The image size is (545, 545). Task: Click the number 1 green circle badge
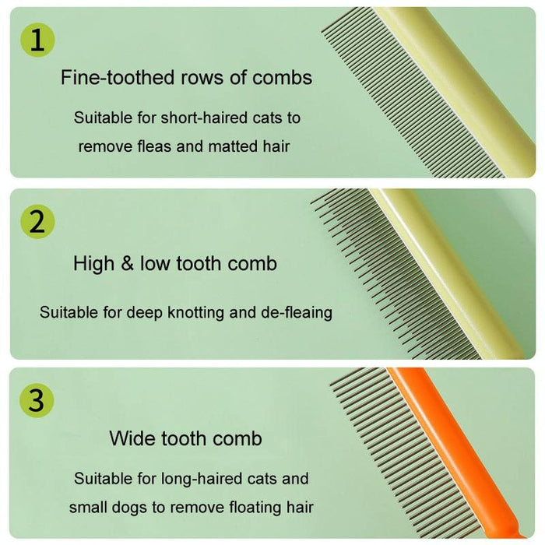37,40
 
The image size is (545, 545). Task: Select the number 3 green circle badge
37,401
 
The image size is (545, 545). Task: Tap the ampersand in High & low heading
127,263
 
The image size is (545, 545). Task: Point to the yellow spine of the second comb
452,272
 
